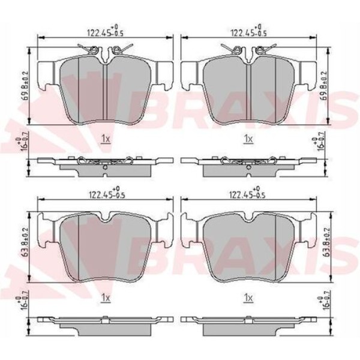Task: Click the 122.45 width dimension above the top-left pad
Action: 106,31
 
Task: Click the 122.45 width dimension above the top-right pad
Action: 248,31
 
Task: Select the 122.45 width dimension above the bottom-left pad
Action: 107,192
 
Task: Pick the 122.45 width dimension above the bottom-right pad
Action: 247,192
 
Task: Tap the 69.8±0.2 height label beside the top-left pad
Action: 25,85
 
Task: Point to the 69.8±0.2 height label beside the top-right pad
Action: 324,85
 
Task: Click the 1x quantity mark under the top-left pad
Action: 106,139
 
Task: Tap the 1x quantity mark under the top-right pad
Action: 248,139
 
